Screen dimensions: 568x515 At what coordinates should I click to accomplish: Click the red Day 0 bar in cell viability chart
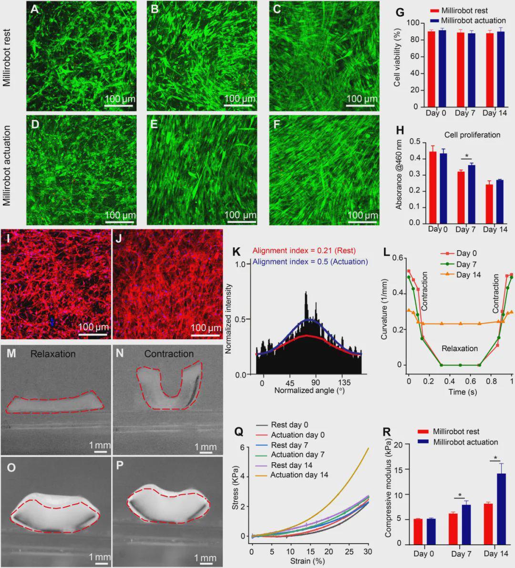click(x=431, y=75)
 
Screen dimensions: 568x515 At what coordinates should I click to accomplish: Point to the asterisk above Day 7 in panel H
click(x=467, y=155)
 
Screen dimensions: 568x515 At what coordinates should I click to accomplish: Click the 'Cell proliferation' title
click(x=472, y=135)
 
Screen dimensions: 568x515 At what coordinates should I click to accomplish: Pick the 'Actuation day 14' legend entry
click(x=299, y=475)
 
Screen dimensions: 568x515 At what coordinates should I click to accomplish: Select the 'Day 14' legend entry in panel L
click(x=468, y=274)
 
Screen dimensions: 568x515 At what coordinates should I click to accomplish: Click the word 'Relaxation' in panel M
click(x=53, y=354)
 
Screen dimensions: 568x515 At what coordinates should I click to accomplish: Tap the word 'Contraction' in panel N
click(x=169, y=354)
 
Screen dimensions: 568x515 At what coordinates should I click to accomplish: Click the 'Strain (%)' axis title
click(x=308, y=561)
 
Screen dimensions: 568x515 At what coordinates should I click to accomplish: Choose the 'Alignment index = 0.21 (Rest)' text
click(x=304, y=251)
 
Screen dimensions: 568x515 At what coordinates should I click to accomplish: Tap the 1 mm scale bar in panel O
click(x=100, y=563)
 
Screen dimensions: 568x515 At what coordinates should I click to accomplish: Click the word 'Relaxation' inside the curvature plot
click(x=459, y=348)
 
